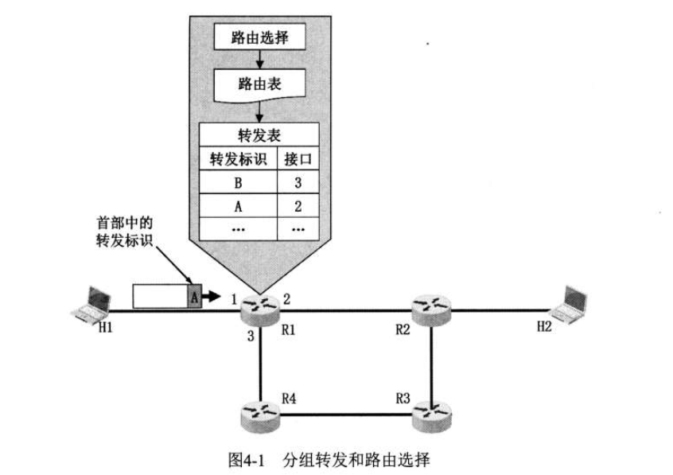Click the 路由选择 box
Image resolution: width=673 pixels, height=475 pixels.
point(259,37)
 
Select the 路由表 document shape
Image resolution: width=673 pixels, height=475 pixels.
point(259,84)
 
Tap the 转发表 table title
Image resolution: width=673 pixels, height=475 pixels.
point(259,134)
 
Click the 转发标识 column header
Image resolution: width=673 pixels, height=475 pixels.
point(238,159)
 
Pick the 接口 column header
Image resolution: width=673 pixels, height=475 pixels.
point(298,159)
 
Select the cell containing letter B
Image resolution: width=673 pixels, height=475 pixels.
point(238,182)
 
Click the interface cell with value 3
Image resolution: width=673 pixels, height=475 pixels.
point(298,182)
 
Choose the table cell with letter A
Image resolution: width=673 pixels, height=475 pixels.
point(238,206)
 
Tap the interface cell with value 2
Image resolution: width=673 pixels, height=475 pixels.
point(298,206)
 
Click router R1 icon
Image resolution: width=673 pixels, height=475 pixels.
point(260,310)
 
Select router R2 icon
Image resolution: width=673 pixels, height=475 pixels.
point(431,310)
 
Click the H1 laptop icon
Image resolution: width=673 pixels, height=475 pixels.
point(91,304)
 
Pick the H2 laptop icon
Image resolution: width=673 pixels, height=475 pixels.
point(569,303)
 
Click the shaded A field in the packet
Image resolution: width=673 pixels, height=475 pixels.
point(194,296)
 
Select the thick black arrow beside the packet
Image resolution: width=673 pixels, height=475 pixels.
point(211,296)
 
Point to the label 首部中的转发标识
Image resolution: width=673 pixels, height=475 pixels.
point(124,232)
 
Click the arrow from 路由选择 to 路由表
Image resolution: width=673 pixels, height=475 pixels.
point(259,59)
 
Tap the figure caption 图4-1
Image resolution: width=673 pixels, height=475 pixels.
point(246,460)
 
